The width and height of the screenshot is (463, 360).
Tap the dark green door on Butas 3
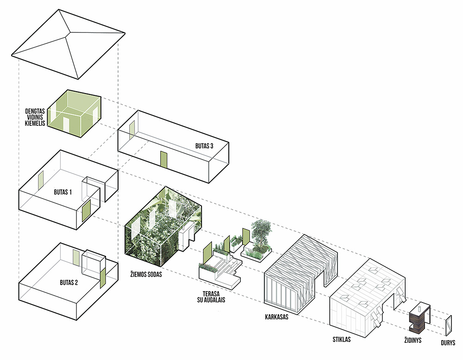click(x=163, y=159)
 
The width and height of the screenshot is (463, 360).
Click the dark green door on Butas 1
click(x=86, y=211)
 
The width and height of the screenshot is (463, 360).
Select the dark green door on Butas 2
click(x=103, y=276)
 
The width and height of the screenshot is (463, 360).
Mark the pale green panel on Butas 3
click(x=132, y=129)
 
